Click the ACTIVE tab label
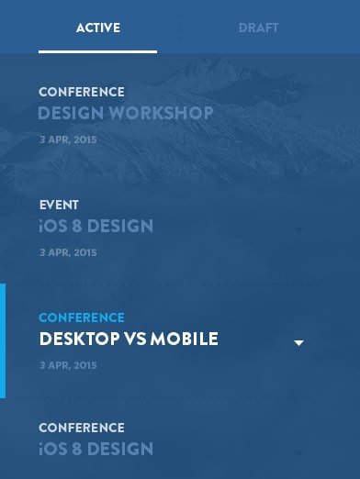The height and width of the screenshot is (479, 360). (x=98, y=28)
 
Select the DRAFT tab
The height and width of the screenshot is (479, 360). (x=258, y=28)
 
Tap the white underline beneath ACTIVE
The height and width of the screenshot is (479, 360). (x=97, y=52)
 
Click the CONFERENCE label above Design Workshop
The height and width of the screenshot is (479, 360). (x=82, y=92)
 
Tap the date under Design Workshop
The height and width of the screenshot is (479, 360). (x=68, y=139)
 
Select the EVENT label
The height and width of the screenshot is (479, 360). (x=59, y=205)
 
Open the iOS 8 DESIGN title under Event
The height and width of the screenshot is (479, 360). (x=96, y=226)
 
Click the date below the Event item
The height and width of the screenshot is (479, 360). (x=68, y=252)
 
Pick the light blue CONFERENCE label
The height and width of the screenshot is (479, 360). (x=82, y=317)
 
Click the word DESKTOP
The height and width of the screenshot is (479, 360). (x=79, y=339)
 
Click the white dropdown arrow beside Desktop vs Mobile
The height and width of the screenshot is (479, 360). (x=298, y=343)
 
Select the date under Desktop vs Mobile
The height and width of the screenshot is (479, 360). (x=68, y=365)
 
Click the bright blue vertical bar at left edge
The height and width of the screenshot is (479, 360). (x=3, y=341)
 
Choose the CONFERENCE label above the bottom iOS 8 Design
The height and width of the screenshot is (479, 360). (x=82, y=428)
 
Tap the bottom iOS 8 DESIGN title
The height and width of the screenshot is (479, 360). (x=96, y=449)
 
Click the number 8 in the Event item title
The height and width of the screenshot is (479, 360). (x=77, y=226)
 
